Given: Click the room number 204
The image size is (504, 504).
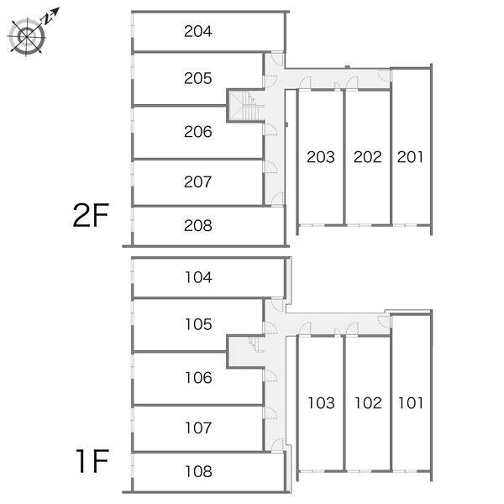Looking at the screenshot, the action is click(198, 31).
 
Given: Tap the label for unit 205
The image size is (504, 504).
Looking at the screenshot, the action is click(198, 78).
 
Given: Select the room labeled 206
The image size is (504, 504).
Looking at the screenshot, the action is click(198, 132).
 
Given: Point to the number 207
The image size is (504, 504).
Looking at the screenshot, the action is click(198, 181).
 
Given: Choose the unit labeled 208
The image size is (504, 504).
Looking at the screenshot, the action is click(198, 225).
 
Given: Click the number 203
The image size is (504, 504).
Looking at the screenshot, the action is click(321, 157).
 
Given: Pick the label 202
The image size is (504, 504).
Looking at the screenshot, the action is click(367, 157).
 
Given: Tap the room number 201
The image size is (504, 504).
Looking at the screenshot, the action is click(410, 157).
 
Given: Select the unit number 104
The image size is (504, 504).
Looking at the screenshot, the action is click(198, 277).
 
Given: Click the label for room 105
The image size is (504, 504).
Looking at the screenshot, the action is click(198, 324).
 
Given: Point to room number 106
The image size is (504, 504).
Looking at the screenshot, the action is click(198, 378).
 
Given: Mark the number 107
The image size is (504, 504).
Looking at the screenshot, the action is click(198, 428).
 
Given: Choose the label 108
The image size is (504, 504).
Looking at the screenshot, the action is click(198, 471).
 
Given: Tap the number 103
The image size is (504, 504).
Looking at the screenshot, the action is click(322, 402).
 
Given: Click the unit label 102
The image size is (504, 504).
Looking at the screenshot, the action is click(369, 402).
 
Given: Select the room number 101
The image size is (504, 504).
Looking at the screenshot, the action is click(411, 402).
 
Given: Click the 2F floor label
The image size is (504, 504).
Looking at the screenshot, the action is click(91, 215).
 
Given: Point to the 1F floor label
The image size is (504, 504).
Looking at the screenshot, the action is click(92, 461).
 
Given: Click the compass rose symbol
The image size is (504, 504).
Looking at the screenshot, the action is click(27, 36).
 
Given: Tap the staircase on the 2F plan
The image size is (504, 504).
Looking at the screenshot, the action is click(246, 106).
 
